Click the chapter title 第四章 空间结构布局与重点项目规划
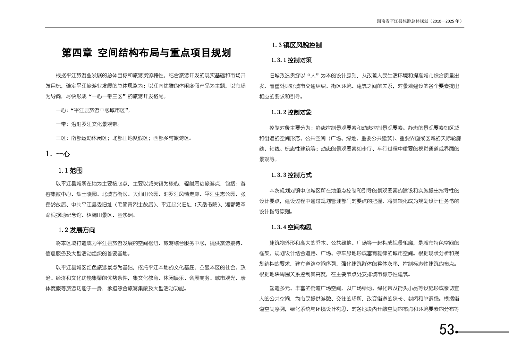146,53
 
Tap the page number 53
447,330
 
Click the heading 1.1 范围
71,171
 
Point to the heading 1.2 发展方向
77,230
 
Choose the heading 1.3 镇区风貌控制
297,45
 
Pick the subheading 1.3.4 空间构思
291,227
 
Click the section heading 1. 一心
58,154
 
